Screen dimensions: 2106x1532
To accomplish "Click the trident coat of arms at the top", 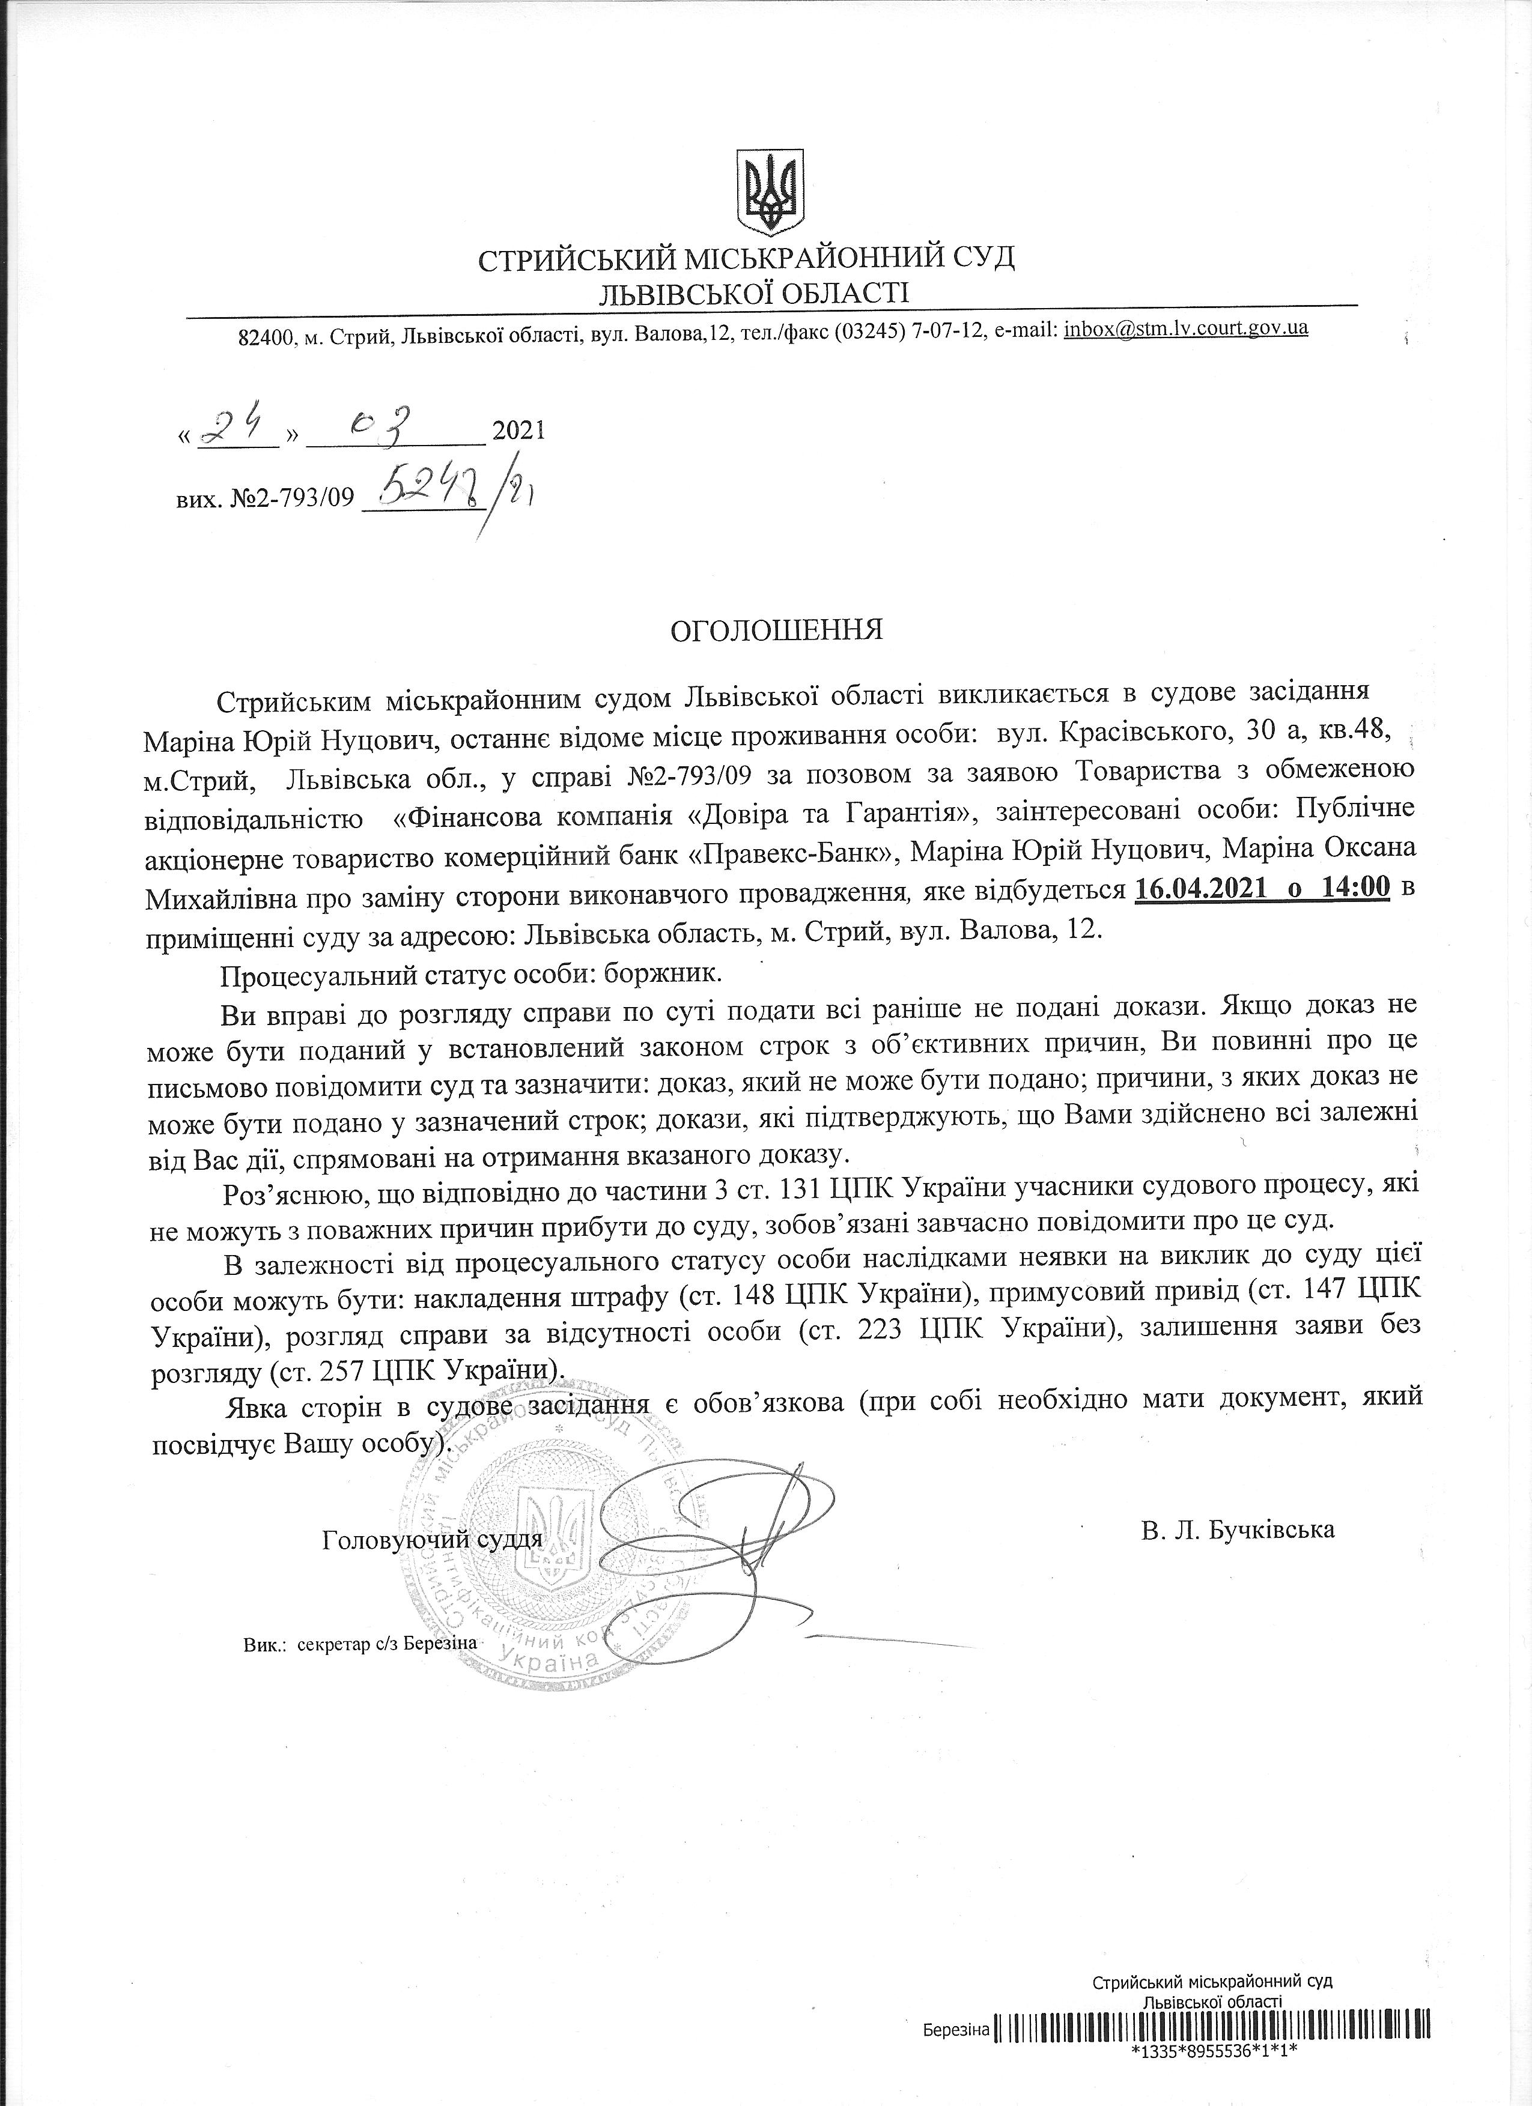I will click(x=770, y=192).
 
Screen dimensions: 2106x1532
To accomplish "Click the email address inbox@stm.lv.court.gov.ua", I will click(x=1185, y=328).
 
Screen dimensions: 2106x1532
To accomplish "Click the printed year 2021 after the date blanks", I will click(x=517, y=431).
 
